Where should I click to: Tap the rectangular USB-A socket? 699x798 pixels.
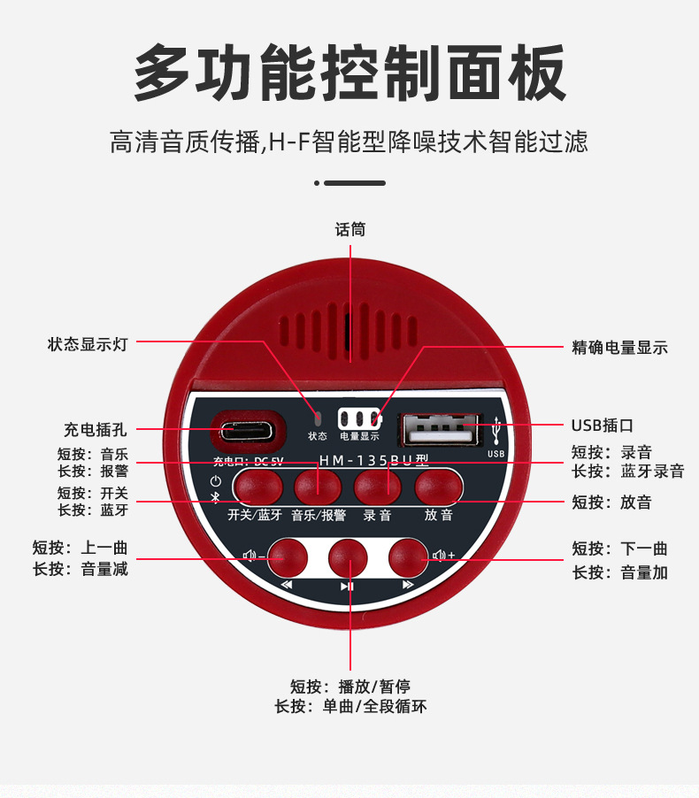tap(441, 430)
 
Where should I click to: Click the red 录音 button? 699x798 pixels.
tap(378, 487)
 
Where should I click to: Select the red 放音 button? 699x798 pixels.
tap(439, 487)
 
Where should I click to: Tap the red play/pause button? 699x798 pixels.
tap(348, 557)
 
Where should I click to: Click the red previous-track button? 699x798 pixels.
tap(288, 557)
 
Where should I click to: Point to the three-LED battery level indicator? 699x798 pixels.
tap(358, 418)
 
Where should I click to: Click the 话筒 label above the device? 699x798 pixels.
tap(349, 230)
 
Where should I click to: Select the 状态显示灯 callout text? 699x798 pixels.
tap(88, 344)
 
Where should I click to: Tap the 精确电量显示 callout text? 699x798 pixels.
tap(619, 348)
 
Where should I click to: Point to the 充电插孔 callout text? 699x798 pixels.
tap(95, 430)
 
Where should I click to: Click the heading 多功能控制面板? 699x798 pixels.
tap(349, 73)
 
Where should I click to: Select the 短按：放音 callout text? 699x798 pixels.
tap(611, 502)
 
